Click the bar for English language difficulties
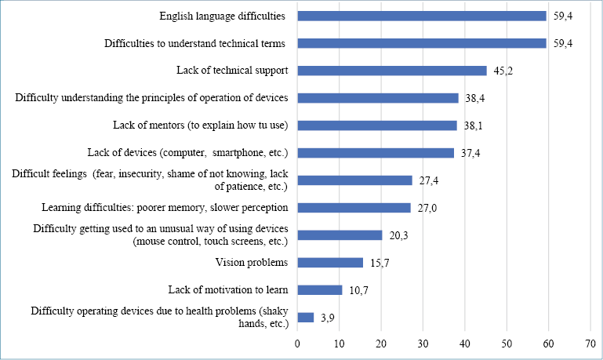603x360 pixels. (x=422, y=16)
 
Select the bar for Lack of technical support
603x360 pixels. (x=392, y=71)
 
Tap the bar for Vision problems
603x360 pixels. (x=330, y=263)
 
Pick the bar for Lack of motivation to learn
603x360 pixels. (x=320, y=290)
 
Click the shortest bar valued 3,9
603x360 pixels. (x=306, y=318)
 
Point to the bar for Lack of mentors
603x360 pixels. (x=377, y=125)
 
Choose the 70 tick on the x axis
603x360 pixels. (x=590, y=343)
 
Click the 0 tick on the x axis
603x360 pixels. (x=298, y=343)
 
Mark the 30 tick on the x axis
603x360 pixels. (x=423, y=343)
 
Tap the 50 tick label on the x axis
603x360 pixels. (x=507, y=343)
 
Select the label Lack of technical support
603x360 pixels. (x=232, y=71)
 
